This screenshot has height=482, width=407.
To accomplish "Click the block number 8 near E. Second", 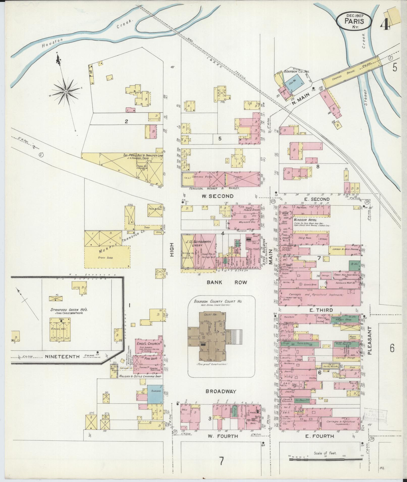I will point(318,166).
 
